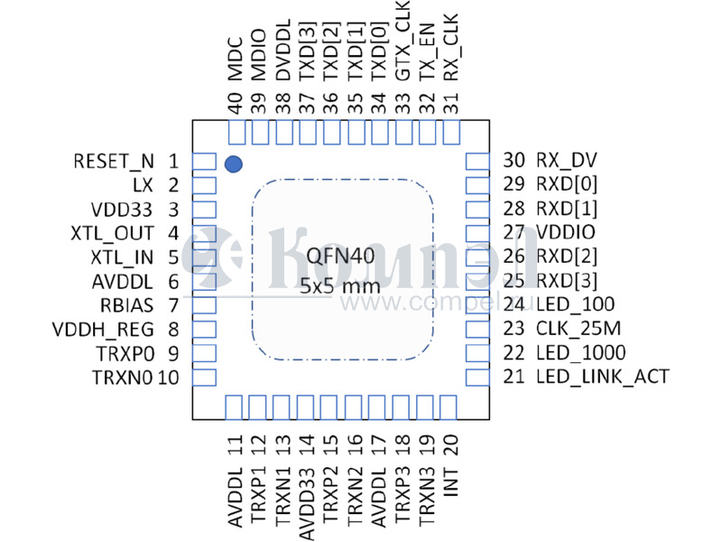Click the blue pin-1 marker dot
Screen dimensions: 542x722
pos(234,164)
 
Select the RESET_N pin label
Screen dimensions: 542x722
pos(114,163)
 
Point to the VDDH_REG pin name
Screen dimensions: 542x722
pos(103,328)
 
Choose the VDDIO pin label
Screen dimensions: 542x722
pos(566,232)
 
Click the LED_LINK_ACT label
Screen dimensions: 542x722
pos(602,376)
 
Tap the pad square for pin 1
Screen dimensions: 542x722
pos(205,163)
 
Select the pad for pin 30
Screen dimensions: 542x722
pos(475,162)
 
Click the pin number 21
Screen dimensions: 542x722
pos(514,376)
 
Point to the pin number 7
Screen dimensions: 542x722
pos(172,304)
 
